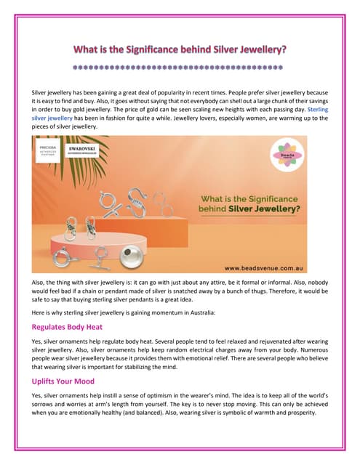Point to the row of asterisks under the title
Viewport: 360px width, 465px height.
pos(180,69)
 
